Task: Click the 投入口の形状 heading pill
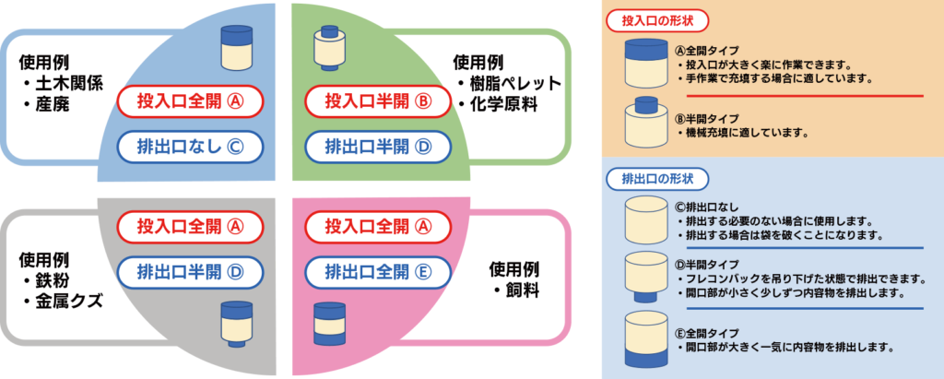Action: click(x=647, y=18)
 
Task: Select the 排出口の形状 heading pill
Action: click(x=647, y=177)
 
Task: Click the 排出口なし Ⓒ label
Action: click(x=191, y=145)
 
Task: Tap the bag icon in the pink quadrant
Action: click(x=329, y=325)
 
